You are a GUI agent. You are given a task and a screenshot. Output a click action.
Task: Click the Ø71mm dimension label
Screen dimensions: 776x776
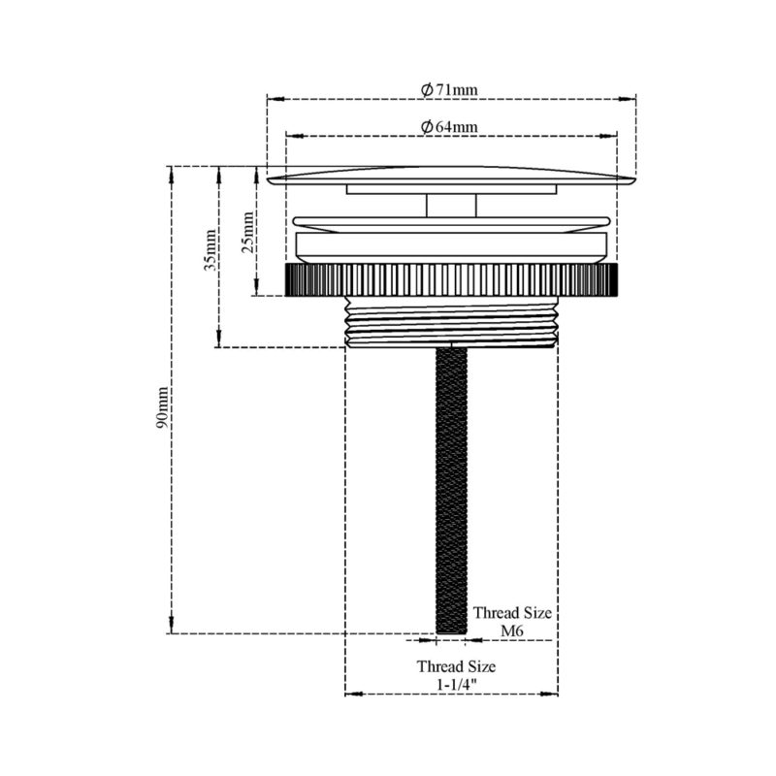(450, 89)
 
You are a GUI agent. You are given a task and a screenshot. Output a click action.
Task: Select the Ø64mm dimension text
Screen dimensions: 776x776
(450, 127)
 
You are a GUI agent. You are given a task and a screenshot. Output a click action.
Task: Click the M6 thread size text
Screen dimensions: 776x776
(512, 631)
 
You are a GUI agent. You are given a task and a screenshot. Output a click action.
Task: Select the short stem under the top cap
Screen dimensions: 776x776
(452, 205)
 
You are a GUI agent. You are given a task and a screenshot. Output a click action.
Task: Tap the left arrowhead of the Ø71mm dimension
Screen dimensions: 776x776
(273, 98)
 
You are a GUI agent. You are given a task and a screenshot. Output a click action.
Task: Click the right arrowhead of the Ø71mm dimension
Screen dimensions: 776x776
(631, 98)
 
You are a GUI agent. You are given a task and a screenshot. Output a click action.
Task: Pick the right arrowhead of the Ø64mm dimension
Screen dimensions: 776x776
(612, 136)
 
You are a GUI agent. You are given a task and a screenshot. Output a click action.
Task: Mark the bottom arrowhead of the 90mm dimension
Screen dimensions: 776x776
(172, 628)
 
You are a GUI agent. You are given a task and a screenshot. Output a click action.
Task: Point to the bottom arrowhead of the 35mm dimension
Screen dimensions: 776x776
(219, 341)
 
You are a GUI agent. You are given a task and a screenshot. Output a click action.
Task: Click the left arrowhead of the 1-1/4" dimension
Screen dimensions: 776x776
(351, 693)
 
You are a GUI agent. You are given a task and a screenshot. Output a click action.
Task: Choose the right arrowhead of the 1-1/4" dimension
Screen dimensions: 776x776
(553, 693)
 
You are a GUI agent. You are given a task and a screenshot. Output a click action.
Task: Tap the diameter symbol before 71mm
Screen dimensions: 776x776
(427, 89)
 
